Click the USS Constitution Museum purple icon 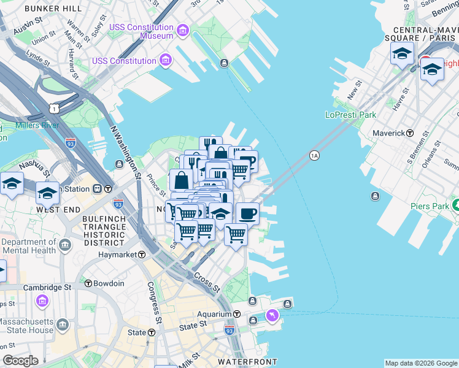[182, 31]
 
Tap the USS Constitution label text [124, 61]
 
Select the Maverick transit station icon [410, 133]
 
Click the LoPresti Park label [350, 115]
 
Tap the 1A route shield [314, 156]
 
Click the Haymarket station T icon [141, 255]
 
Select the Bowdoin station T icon [88, 283]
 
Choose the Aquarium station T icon [237, 313]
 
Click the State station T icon [152, 332]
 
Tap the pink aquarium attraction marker [272, 315]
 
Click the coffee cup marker [248, 213]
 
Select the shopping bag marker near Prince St [181, 180]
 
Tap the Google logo [20, 361]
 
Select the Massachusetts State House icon [62, 324]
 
